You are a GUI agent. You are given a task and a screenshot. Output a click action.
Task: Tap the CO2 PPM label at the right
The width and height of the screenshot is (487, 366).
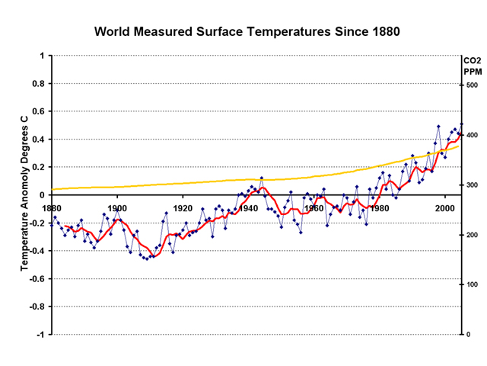pyautogui.click(x=473, y=66)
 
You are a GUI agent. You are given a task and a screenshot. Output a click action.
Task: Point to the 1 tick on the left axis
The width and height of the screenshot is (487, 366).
pyautogui.click(x=42, y=56)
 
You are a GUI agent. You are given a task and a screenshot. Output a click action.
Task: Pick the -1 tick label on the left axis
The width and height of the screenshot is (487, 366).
pyautogui.click(x=40, y=335)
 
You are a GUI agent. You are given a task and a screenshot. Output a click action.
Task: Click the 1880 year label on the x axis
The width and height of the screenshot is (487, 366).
pyautogui.click(x=52, y=207)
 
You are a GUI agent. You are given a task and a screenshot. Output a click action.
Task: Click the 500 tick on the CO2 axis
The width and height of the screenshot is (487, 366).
pyautogui.click(x=473, y=85)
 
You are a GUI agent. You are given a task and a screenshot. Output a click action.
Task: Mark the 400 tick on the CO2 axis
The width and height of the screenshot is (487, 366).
pyautogui.click(x=473, y=135)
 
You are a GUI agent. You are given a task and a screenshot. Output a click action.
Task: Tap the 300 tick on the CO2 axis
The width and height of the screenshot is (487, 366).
pyautogui.click(x=473, y=185)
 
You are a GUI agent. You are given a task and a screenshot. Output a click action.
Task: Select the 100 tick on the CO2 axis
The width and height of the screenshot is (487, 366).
pyautogui.click(x=473, y=284)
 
